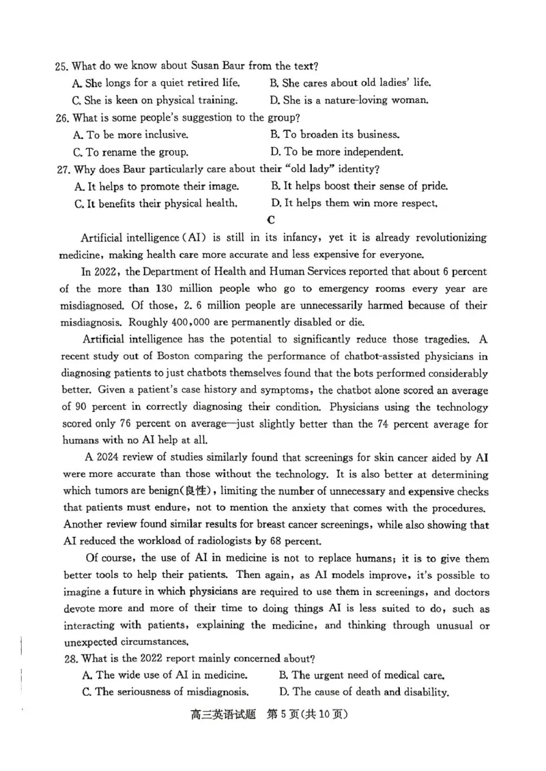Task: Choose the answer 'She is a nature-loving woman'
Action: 349,100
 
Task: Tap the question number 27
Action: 63,169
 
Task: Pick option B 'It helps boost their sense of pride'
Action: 359,186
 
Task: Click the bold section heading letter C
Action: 271,220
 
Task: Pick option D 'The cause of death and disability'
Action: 364,692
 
